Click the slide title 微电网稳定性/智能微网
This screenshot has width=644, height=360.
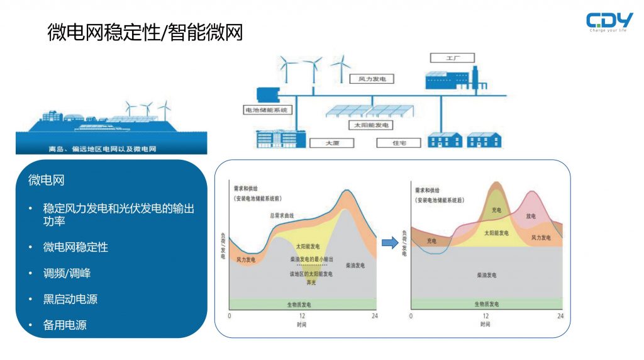[145, 32]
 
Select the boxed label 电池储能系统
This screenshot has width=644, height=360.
[267, 110]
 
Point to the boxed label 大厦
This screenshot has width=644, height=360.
[332, 143]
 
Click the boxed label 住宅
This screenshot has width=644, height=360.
[399, 143]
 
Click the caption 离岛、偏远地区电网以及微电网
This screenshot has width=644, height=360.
[111, 149]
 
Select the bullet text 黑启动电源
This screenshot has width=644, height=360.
[70, 299]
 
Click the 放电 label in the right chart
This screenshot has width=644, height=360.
[531, 216]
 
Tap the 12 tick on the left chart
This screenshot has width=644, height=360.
[302, 315]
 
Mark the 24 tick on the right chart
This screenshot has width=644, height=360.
[560, 315]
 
